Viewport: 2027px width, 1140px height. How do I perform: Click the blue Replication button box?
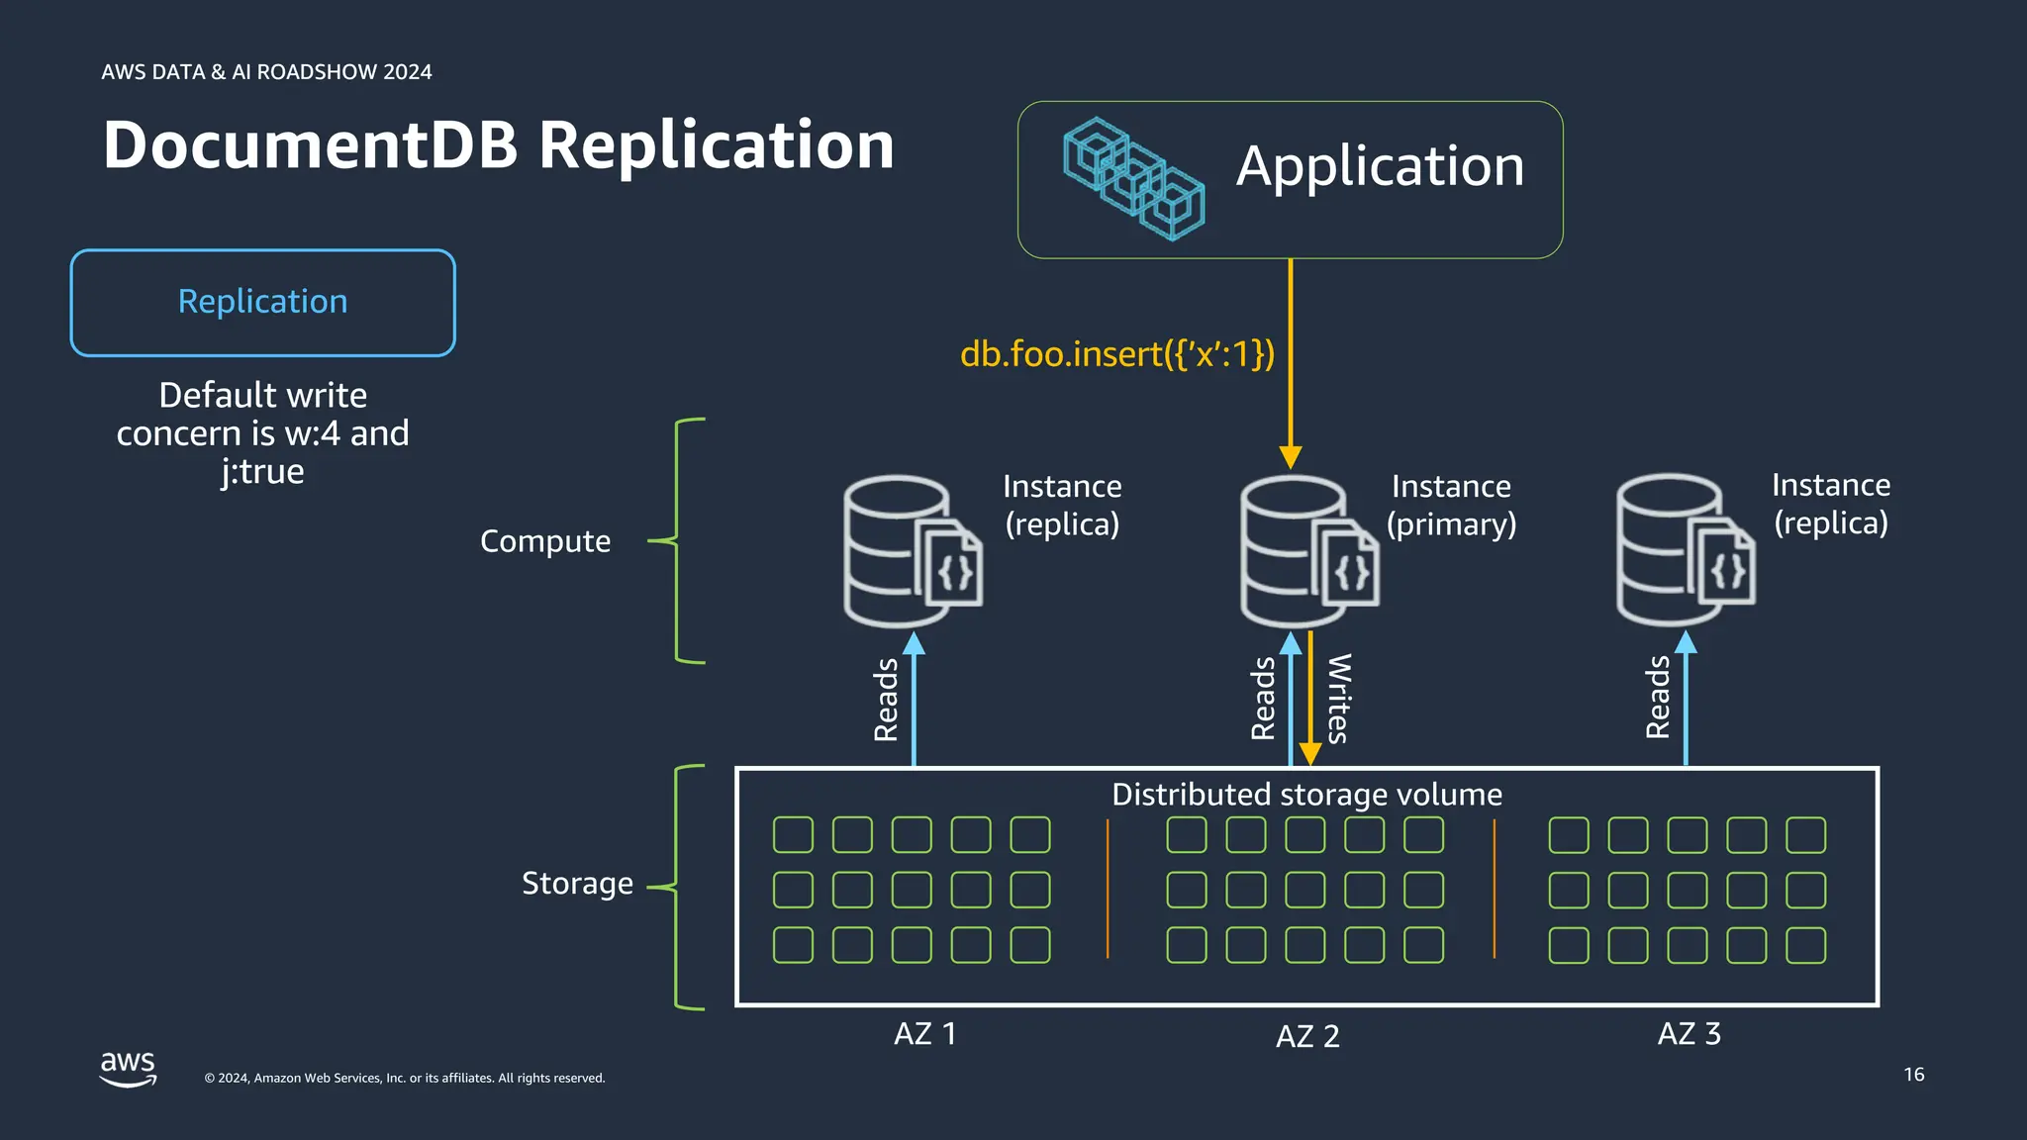coord(262,302)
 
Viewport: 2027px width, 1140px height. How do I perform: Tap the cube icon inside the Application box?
coord(1133,179)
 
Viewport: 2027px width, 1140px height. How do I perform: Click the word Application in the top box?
coord(1380,166)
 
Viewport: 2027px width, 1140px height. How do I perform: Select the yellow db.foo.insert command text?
coord(1117,354)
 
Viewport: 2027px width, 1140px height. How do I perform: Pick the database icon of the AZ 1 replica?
coord(912,551)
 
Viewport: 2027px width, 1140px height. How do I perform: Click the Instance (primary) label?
coord(1451,505)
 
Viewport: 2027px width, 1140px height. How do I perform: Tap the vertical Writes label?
coord(1338,699)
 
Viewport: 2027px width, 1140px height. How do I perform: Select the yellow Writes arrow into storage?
coord(1310,699)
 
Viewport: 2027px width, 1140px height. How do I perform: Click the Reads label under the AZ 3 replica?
coord(1658,698)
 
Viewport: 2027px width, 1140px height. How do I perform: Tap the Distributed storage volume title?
coord(1306,795)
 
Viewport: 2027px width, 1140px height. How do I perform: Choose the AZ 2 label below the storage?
coord(1307,1036)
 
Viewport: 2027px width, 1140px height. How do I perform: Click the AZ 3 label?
coord(1689,1034)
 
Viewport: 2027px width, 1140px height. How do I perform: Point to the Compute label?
coord(545,541)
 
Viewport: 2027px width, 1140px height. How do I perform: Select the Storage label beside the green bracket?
coord(577,883)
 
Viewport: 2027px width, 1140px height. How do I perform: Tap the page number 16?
coord(1913,1075)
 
